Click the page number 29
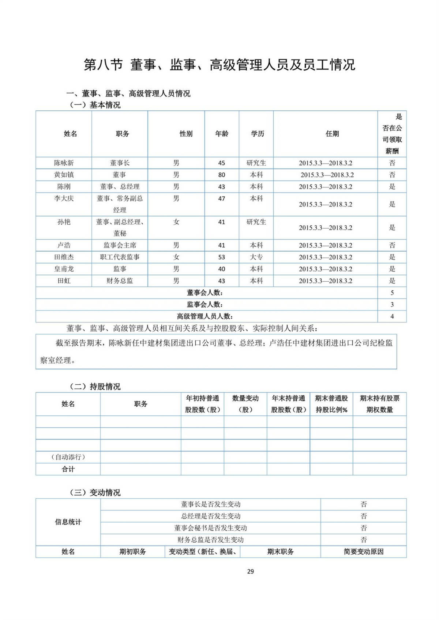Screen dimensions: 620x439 pyautogui.click(x=251, y=571)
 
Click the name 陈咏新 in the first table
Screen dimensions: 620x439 pyautogui.click(x=64, y=163)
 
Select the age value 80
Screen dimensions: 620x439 pyautogui.click(x=222, y=175)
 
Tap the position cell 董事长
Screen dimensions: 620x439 pyautogui.click(x=120, y=163)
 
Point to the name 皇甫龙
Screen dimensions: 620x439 pyautogui.click(x=64, y=269)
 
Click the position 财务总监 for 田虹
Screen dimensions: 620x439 pyautogui.click(x=120, y=281)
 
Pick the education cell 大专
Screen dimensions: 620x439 pyautogui.click(x=256, y=257)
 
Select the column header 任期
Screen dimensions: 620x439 pyautogui.click(x=332, y=134)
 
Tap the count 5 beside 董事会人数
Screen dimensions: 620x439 pyautogui.click(x=392, y=293)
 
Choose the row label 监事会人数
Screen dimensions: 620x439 pyautogui.click(x=205, y=304)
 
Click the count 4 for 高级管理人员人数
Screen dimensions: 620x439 pyautogui.click(x=392, y=316)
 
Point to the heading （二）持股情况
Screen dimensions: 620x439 pyautogui.click(x=95, y=387)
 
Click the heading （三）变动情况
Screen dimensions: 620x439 pyautogui.click(x=95, y=492)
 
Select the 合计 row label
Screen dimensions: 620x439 pyautogui.click(x=68, y=469)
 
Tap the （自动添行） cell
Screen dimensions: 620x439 pyautogui.click(x=68, y=457)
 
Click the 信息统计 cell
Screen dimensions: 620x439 pyautogui.click(x=68, y=522)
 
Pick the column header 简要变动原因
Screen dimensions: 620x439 pyautogui.click(x=363, y=552)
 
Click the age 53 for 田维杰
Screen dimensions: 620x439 pyautogui.click(x=222, y=257)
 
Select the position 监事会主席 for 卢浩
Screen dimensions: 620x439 pyautogui.click(x=120, y=245)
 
